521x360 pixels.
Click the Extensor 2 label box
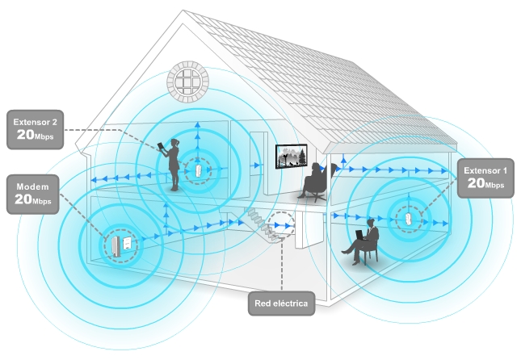tap(35, 129)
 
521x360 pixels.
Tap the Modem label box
tap(33, 194)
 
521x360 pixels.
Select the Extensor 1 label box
tap(485, 178)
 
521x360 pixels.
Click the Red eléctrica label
tap(281, 303)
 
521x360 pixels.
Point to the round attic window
tap(188, 82)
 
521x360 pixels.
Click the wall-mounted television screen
tap(291, 156)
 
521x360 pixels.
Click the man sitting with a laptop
tap(362, 242)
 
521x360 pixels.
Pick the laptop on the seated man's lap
tap(359, 235)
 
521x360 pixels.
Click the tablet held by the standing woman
tap(161, 147)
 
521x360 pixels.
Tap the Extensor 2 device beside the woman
tap(198, 171)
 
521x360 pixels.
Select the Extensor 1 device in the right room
tap(409, 220)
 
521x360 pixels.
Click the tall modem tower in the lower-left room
tap(116, 246)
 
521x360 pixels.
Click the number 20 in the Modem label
tap(23, 199)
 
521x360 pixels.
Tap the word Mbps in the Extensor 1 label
tap(495, 185)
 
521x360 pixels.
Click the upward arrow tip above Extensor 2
tap(198, 123)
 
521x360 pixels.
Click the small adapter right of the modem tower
tap(127, 243)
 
